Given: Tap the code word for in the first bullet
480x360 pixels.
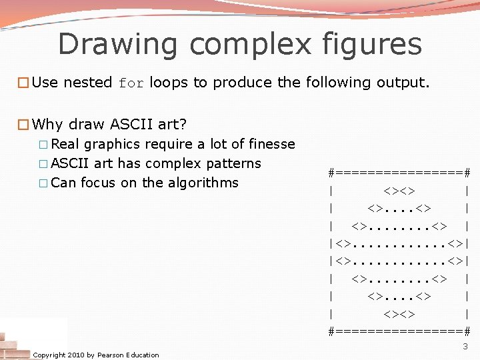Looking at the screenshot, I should (131, 83).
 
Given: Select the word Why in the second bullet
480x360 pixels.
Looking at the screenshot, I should (47, 124).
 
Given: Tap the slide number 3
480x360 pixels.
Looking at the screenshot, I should (465, 347).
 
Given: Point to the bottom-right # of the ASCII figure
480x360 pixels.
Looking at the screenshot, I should (467, 331).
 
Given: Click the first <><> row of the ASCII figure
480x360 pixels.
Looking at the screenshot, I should (399, 190).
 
